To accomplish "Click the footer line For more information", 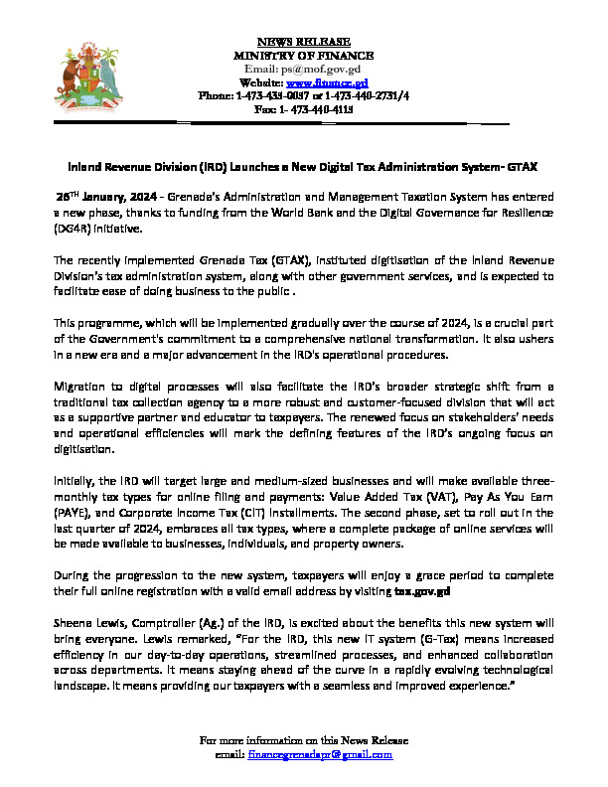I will click(x=304, y=741).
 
